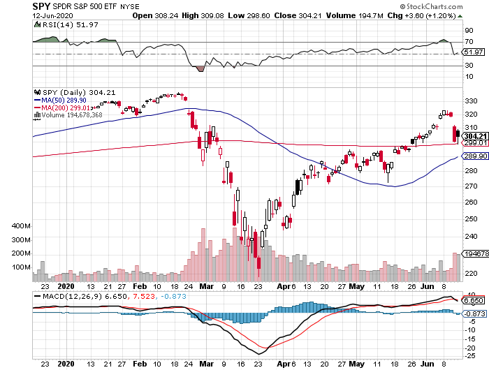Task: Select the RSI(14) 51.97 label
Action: (59, 24)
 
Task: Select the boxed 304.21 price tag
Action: (474, 135)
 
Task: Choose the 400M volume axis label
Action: (22, 228)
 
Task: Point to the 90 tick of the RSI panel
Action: (467, 31)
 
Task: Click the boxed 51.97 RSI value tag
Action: (474, 52)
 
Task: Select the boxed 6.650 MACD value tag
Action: (474, 301)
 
